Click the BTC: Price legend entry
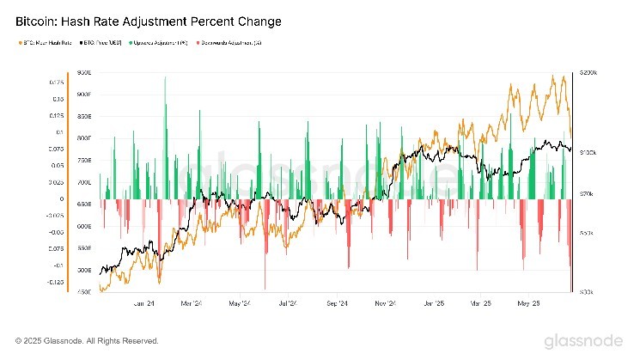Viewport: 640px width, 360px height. [x=101, y=41]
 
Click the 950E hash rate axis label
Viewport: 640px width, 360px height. [x=83, y=73]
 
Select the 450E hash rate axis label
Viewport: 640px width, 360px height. [x=83, y=292]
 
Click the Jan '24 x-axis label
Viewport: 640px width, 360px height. [x=144, y=303]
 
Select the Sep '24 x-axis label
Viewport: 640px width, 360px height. [x=338, y=303]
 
